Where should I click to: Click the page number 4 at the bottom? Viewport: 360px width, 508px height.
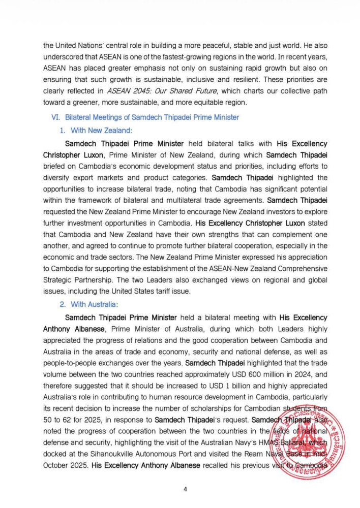pos(185,489)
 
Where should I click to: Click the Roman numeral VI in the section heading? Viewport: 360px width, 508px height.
pos(56,117)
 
